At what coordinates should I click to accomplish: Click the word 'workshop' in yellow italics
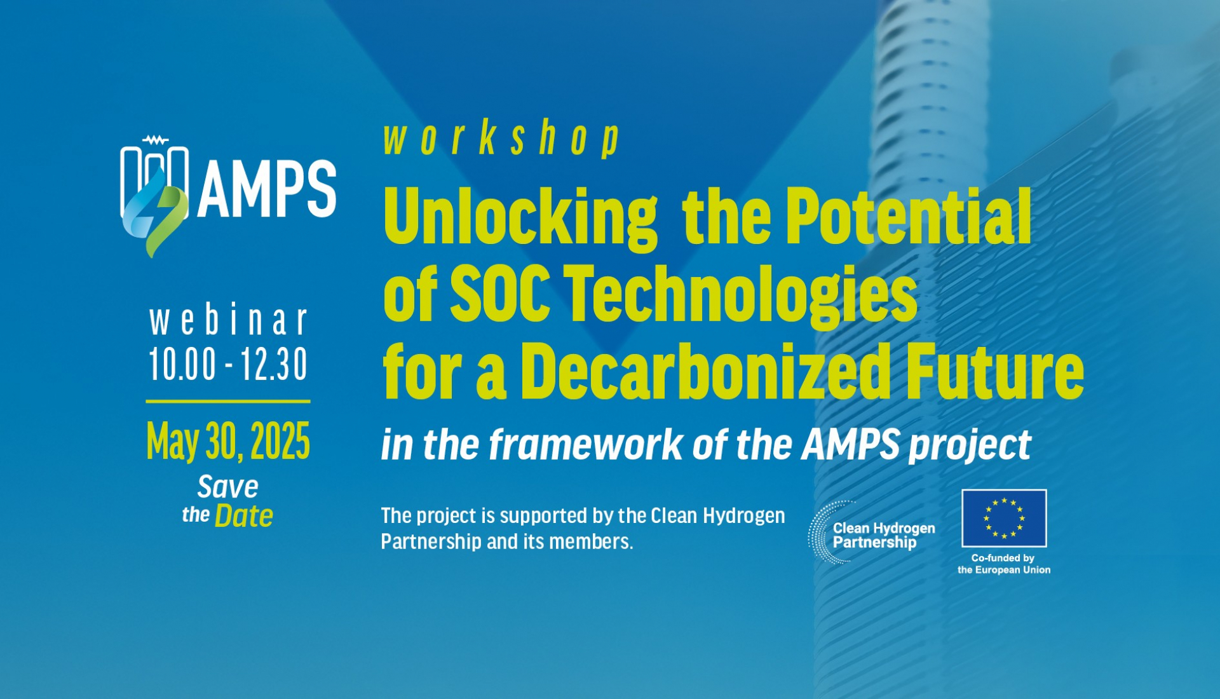pos(501,139)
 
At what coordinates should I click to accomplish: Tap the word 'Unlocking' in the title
pos(520,217)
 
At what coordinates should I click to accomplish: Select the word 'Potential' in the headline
pos(908,217)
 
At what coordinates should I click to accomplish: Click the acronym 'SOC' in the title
pos(499,294)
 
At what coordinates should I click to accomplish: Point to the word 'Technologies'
pos(740,294)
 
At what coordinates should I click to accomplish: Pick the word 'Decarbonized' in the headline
pos(705,371)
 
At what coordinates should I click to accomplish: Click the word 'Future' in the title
pos(994,371)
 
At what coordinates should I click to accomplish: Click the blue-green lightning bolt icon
pos(156,213)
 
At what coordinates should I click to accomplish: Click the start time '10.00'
pos(182,365)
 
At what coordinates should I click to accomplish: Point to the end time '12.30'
pos(274,365)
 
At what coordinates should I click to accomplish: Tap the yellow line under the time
pos(228,402)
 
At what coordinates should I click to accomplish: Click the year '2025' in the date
pos(280,441)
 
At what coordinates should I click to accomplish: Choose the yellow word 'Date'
pos(243,516)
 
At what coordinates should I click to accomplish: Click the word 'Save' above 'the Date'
pos(227,487)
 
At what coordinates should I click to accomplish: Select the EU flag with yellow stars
pos(1004,518)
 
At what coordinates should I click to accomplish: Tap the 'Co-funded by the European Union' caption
pos(1004,564)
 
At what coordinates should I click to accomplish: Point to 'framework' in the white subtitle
pos(585,445)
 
